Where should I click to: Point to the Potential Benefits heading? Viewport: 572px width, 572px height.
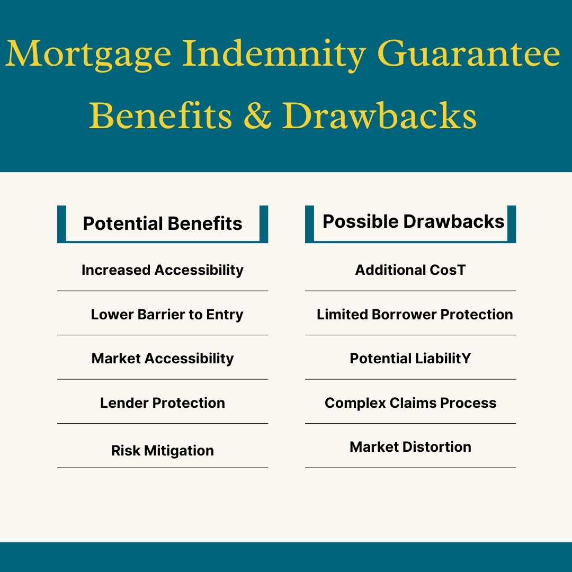tap(163, 224)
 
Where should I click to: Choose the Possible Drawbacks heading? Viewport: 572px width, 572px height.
tap(414, 221)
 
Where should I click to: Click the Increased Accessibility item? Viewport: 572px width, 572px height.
tap(163, 270)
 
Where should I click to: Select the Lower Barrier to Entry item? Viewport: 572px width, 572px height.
tap(167, 315)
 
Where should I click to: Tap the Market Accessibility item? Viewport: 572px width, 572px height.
tap(163, 359)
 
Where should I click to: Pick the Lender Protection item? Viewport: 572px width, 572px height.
tap(163, 403)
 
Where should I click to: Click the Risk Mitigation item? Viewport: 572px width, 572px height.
tap(163, 451)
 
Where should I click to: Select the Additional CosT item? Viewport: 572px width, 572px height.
tap(410, 270)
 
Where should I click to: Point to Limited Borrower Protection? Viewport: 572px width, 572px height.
tap(415, 315)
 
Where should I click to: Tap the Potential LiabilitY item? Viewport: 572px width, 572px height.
tap(410, 359)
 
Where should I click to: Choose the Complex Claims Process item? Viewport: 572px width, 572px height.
tap(410, 403)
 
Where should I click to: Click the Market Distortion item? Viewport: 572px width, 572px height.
tap(410, 447)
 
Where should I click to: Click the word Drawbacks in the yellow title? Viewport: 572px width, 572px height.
tap(379, 116)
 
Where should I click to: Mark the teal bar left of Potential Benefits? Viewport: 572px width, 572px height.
tap(61, 224)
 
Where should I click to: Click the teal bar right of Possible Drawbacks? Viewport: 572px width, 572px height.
tap(511, 224)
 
